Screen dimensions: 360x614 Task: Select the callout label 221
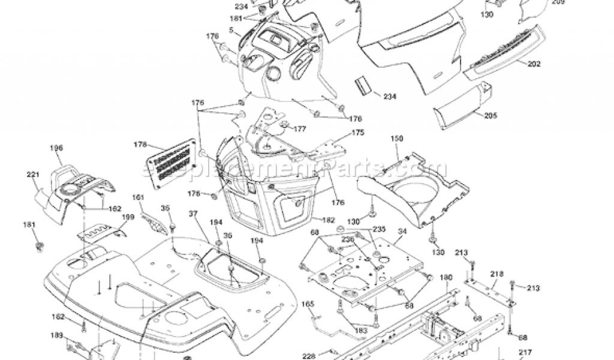(x=32, y=175)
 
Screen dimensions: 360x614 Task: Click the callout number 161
(x=139, y=197)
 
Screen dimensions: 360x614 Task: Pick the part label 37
(x=192, y=214)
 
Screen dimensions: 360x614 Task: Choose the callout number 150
(x=397, y=139)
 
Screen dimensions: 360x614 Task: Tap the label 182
(x=328, y=220)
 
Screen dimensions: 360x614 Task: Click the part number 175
(x=357, y=132)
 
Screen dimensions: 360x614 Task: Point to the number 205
(x=490, y=115)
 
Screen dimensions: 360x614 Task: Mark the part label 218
(x=496, y=274)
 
